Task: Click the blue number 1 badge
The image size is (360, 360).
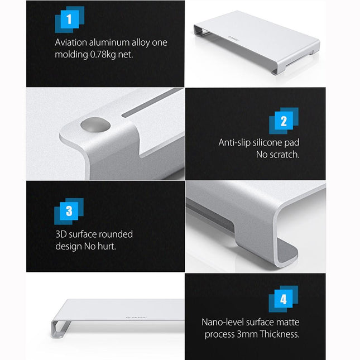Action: tap(69, 20)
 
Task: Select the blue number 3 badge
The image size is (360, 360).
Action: tap(69, 211)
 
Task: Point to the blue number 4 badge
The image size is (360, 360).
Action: tap(284, 300)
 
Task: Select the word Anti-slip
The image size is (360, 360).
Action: tap(236, 143)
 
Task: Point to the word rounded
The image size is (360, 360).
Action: tap(116, 234)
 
